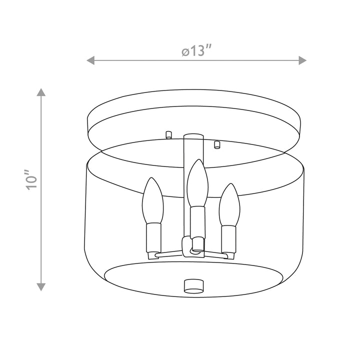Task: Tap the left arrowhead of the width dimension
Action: (91, 60)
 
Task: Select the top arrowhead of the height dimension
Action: (41, 92)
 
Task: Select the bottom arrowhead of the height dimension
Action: (41, 286)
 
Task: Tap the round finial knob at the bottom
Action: (193, 285)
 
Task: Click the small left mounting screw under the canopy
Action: (168, 133)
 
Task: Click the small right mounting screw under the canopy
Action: (217, 144)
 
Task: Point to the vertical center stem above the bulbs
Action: (193, 150)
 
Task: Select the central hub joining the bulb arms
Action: (192, 246)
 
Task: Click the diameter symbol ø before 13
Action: (185, 51)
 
